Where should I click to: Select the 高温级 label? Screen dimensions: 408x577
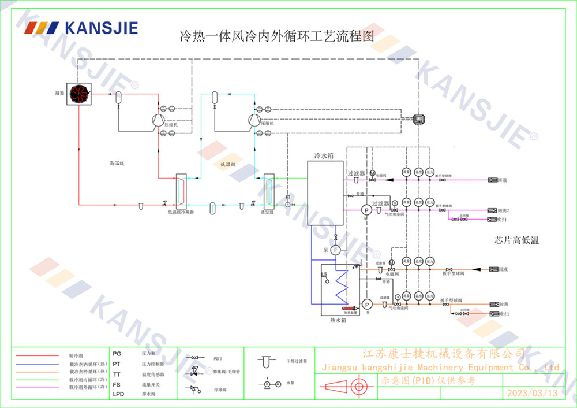(117, 164)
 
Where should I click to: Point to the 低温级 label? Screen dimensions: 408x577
(228, 165)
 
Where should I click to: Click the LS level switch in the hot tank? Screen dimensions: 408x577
(324, 275)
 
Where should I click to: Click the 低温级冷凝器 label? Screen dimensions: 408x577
(181, 212)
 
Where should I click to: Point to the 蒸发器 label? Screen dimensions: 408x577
(267, 212)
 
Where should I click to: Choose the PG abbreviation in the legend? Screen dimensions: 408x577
(117, 353)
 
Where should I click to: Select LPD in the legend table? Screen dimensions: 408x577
(118, 394)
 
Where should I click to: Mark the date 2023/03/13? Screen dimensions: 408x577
(532, 394)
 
